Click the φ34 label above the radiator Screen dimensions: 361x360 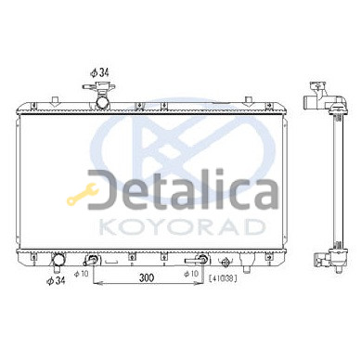pos(99,73)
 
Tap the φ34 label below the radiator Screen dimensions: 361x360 pos(56,281)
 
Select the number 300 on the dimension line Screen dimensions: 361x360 pos(147,277)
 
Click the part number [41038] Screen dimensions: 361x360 pos(223,278)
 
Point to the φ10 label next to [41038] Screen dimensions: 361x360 pos(190,274)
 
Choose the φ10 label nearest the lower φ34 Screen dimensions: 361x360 pos(82,274)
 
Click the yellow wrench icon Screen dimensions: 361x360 pos(83,194)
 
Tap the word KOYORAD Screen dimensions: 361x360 pos(182,226)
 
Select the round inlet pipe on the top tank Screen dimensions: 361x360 pos(102,102)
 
